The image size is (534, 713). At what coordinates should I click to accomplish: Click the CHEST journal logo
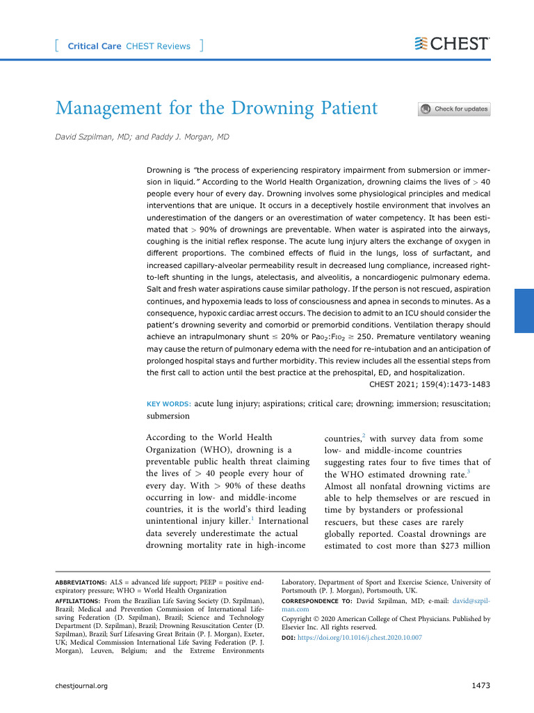[451, 44]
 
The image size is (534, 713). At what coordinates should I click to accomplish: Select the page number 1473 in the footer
[481, 686]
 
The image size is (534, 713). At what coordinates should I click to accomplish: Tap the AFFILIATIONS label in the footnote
[79, 600]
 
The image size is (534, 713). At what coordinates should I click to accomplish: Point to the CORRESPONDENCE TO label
[316, 600]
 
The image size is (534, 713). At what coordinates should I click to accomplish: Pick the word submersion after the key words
[168, 416]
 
